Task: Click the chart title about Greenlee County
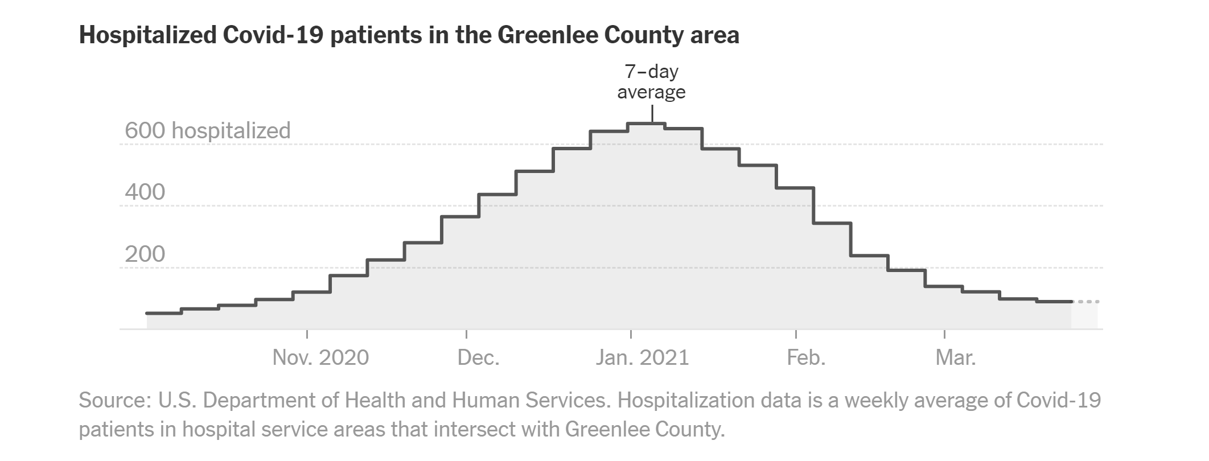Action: tap(409, 35)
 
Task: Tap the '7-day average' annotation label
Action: tap(651, 82)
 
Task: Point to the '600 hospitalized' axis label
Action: tap(208, 130)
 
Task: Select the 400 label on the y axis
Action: tap(145, 192)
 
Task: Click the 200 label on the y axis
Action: tap(145, 254)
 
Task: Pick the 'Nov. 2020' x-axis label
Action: tap(320, 357)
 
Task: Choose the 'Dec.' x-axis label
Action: tap(478, 357)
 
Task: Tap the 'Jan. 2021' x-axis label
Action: tap(642, 357)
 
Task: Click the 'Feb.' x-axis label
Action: tap(806, 357)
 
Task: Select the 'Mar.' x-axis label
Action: tap(956, 357)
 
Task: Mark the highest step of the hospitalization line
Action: tap(647, 124)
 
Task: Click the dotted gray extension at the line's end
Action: tap(1085, 302)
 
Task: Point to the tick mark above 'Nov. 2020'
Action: tap(307, 334)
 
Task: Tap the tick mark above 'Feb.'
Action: tap(796, 334)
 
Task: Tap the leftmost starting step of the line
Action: tap(164, 313)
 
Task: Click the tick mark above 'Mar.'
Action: tap(944, 334)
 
